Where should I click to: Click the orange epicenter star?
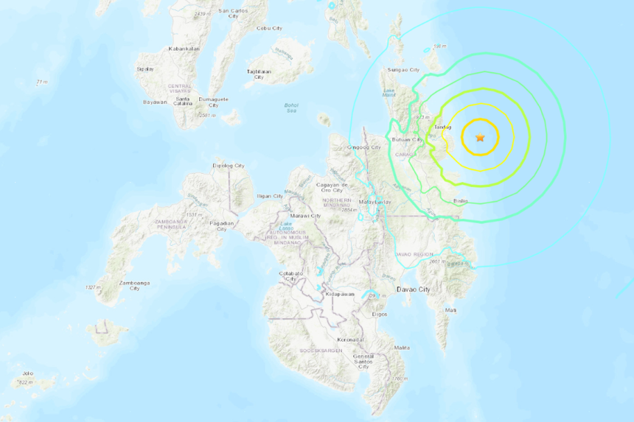[x=481, y=137]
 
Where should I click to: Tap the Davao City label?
[x=413, y=289]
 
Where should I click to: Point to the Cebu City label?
[x=269, y=28]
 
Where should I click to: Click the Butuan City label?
[x=406, y=139]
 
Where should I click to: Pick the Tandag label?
[x=442, y=127]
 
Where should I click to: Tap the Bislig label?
[x=460, y=200]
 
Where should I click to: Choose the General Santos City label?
[x=363, y=361]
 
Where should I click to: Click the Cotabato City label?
[x=291, y=276]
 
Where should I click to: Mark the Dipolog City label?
[x=228, y=166]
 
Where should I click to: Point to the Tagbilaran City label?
[x=259, y=74]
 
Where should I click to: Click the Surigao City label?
[x=403, y=70]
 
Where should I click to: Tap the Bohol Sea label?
[x=291, y=108]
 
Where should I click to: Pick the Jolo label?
[x=27, y=373]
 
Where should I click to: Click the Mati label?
[x=450, y=310]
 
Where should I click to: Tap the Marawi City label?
[x=305, y=216]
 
